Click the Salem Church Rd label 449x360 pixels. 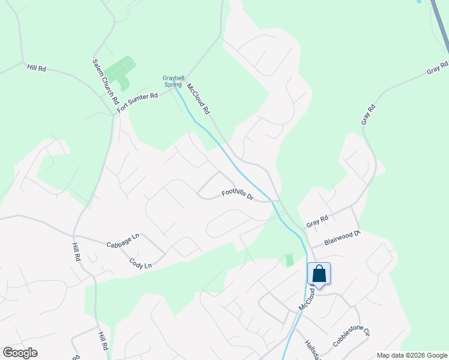point(106,82)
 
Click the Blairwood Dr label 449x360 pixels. point(342,238)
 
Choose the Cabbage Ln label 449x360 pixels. point(122,241)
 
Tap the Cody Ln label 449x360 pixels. point(140,263)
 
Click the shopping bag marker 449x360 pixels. point(319,274)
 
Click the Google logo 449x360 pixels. point(20,353)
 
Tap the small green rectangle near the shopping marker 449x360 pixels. point(290,260)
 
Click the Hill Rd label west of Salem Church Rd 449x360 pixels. point(37,68)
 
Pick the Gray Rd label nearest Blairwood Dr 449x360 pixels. point(317,221)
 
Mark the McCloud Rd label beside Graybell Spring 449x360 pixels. point(198,99)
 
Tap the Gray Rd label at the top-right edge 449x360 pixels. point(438,67)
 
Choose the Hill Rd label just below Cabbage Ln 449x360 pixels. point(76,252)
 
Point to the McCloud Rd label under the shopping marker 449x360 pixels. point(307,298)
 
